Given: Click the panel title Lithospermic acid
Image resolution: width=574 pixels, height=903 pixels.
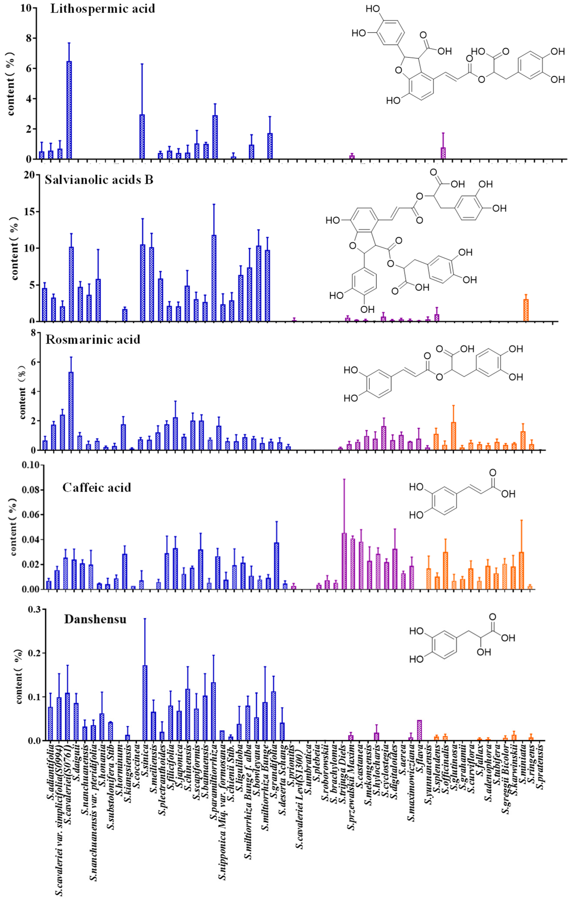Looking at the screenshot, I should pyautogui.click(x=102, y=9).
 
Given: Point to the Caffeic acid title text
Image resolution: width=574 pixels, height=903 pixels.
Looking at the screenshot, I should pyautogui.click(x=97, y=487).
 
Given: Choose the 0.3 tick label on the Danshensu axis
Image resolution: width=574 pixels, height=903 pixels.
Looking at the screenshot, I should pyautogui.click(x=34, y=609).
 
